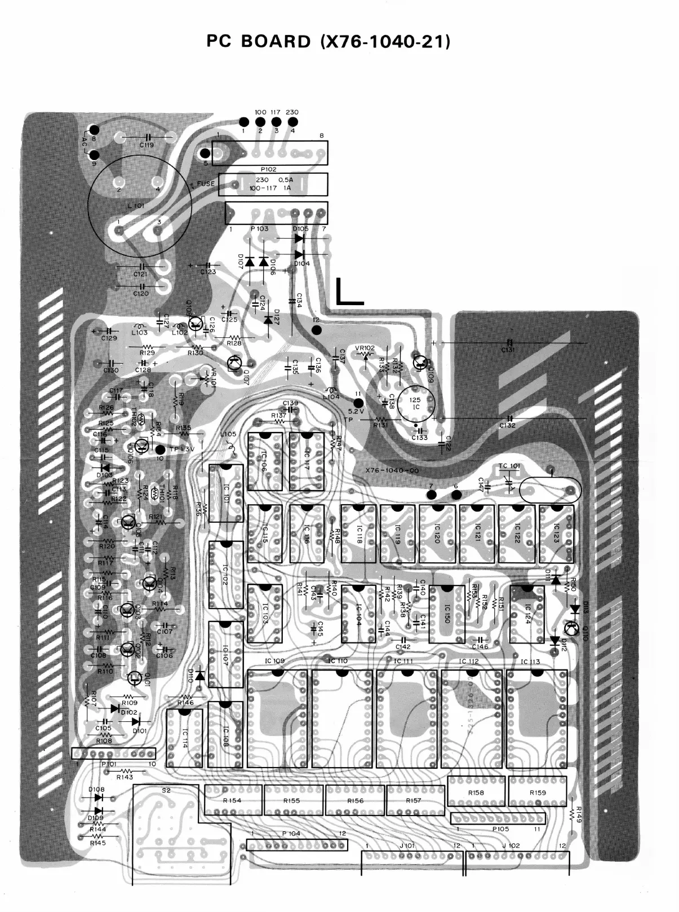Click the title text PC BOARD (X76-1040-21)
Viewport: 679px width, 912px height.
point(329,42)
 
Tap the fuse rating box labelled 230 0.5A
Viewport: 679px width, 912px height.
point(274,184)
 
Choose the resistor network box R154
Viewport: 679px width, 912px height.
point(233,800)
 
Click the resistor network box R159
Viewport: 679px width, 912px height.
point(537,792)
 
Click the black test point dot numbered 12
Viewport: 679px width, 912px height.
point(317,330)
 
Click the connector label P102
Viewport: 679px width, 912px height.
point(268,169)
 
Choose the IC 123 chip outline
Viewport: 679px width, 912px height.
point(556,534)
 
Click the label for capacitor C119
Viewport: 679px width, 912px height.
point(147,145)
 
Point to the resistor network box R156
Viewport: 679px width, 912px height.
point(355,800)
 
